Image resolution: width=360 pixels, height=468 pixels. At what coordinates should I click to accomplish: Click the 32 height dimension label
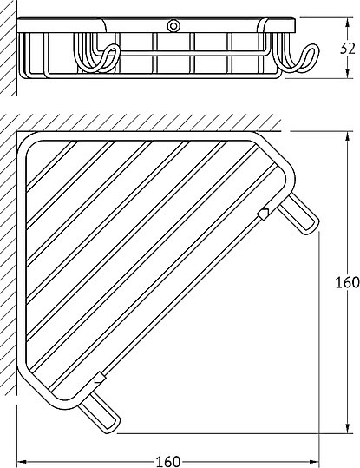(x=347, y=48)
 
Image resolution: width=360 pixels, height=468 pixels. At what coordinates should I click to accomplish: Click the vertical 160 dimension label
(x=347, y=282)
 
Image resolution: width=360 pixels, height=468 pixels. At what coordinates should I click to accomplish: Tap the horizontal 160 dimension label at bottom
(x=168, y=461)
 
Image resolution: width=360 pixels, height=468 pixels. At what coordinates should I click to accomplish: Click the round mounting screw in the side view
(x=173, y=26)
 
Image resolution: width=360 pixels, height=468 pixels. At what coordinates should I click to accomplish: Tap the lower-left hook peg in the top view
(x=100, y=412)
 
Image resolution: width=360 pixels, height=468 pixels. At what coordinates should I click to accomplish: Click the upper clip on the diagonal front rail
(x=263, y=214)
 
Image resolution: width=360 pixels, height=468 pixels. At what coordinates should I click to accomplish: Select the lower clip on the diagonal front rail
(x=101, y=377)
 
